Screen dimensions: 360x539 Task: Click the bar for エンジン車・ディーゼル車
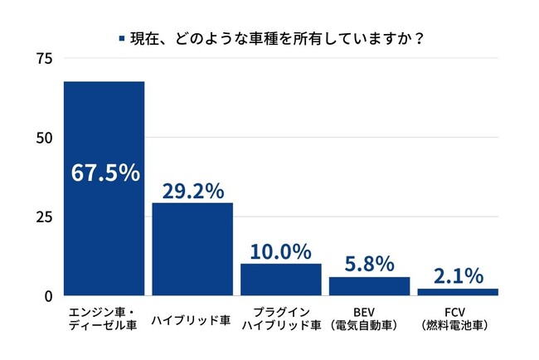tap(104, 224)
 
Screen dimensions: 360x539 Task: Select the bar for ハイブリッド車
tap(192, 249)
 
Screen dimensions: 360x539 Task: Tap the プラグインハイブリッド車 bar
tap(281, 279)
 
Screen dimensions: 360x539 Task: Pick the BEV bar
tap(369, 285)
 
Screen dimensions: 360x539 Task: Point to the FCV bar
tap(458, 291)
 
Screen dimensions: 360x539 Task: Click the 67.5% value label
tap(104, 173)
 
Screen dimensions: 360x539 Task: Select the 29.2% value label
tap(192, 190)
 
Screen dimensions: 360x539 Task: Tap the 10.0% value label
tap(281, 251)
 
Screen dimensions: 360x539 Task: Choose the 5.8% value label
tap(369, 264)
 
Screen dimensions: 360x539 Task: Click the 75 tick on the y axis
tap(44, 58)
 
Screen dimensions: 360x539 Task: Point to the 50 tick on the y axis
tap(44, 137)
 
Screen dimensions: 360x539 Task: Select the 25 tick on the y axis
tap(44, 216)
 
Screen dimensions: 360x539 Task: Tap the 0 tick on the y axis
tap(48, 295)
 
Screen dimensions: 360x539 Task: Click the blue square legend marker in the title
tap(122, 38)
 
